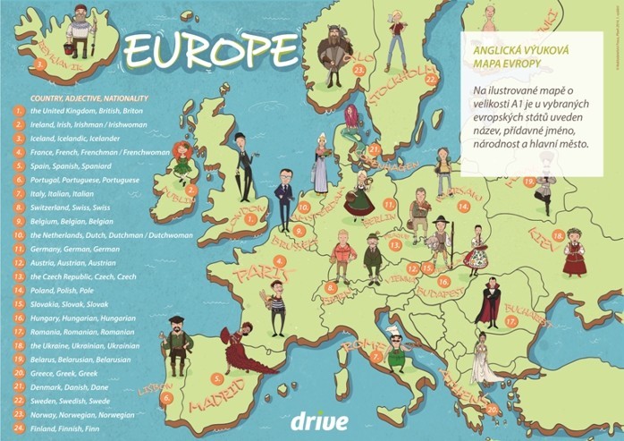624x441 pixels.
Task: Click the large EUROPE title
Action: pos(211,51)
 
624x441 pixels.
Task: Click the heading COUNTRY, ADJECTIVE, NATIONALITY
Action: pos(89,97)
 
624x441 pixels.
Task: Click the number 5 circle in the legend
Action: pos(17,165)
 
